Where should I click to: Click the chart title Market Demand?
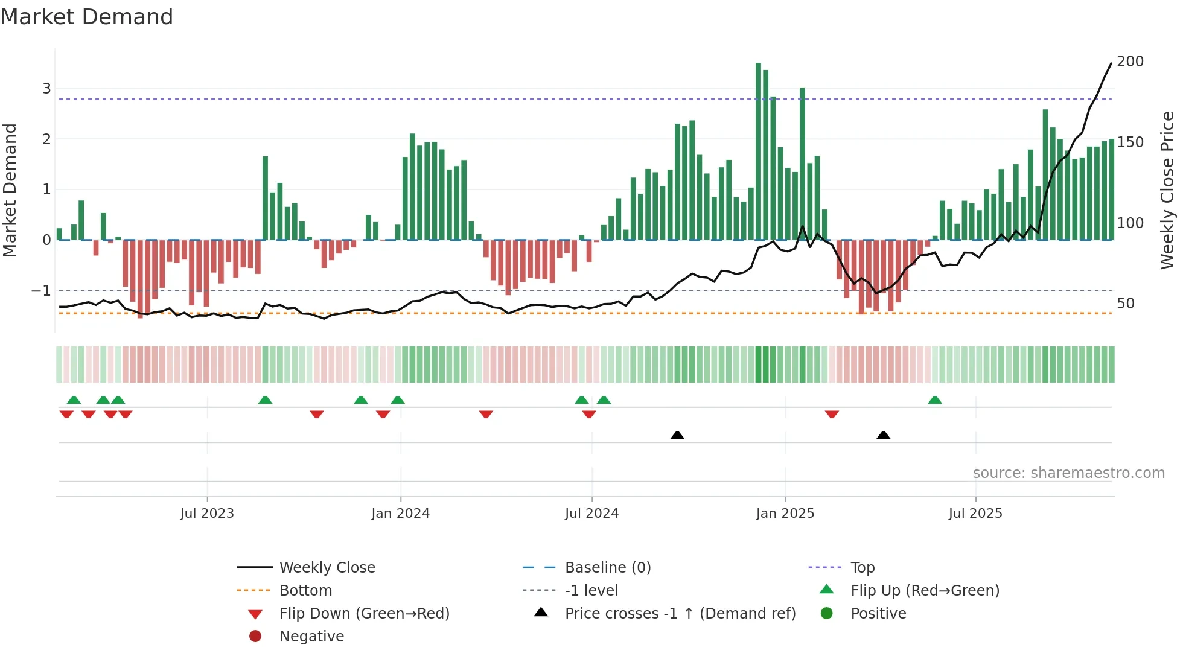click(x=87, y=17)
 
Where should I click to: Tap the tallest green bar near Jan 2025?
click(x=758, y=151)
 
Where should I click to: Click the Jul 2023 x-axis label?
click(x=207, y=514)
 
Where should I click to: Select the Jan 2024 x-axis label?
click(x=400, y=514)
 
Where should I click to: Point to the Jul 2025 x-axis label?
click(x=975, y=514)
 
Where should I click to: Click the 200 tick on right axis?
click(x=1130, y=62)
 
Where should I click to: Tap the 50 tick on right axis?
click(x=1126, y=304)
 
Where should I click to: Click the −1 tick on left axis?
click(x=42, y=291)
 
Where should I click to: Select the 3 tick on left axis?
click(x=46, y=89)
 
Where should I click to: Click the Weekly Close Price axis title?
click(x=1167, y=190)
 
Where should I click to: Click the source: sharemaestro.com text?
click(x=1068, y=473)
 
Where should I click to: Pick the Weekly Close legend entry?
click(x=327, y=568)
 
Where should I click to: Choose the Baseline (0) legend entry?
click(x=607, y=568)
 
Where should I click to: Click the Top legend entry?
click(x=862, y=568)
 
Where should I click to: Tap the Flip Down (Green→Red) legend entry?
click(x=364, y=614)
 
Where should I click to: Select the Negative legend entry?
click(x=311, y=637)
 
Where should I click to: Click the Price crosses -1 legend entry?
click(x=680, y=614)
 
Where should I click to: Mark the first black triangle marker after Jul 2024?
click(x=677, y=435)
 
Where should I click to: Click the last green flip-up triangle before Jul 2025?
click(x=934, y=400)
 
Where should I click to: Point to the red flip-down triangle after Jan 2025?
click(x=832, y=415)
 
